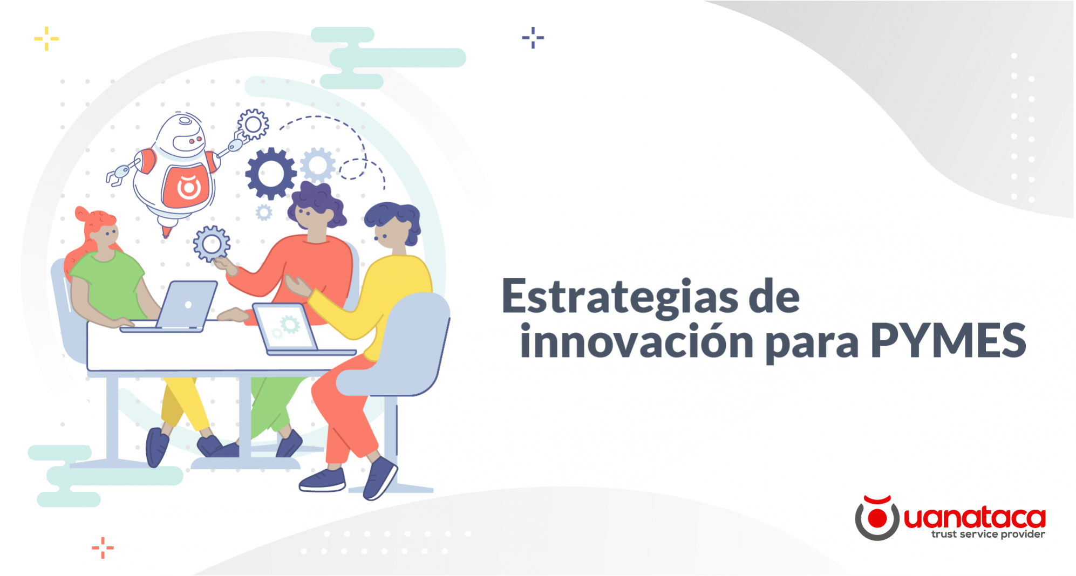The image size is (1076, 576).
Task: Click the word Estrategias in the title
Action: [x=619, y=297]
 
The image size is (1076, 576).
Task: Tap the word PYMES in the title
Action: [x=948, y=341]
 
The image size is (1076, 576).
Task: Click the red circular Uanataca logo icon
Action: [x=877, y=518]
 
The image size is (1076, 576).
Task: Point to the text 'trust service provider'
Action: [x=988, y=534]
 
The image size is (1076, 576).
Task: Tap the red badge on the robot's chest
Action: [x=187, y=186]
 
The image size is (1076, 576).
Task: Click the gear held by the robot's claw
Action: [x=253, y=124]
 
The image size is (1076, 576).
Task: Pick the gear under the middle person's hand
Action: [x=212, y=243]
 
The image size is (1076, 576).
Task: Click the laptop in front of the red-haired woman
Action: [x=186, y=305]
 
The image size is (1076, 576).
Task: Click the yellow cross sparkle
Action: [x=46, y=39]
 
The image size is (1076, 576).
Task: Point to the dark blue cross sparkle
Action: [x=533, y=38]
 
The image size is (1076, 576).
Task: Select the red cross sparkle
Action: [x=103, y=548]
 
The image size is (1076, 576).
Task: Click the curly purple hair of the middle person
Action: [x=318, y=200]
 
